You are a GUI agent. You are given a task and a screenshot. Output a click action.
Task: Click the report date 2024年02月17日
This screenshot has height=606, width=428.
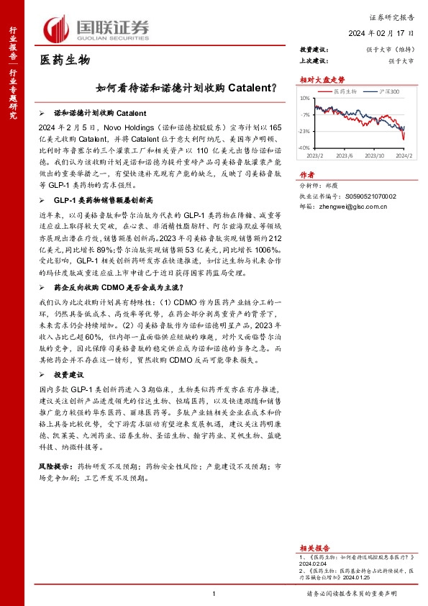pyautogui.click(x=382, y=34)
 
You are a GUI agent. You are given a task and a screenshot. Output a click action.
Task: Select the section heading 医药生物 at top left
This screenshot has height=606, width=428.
pyautogui.click(x=64, y=60)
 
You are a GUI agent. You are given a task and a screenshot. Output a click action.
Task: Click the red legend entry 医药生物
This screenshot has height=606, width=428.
pyautogui.click(x=343, y=91)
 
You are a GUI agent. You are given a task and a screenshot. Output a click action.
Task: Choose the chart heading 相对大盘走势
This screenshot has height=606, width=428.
pyautogui.click(x=317, y=80)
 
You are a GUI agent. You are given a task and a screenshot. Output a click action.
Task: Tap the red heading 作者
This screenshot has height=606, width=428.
pyautogui.click(x=306, y=174)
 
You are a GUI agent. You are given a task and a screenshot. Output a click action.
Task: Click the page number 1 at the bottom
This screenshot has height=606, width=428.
pyautogui.click(x=214, y=593)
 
